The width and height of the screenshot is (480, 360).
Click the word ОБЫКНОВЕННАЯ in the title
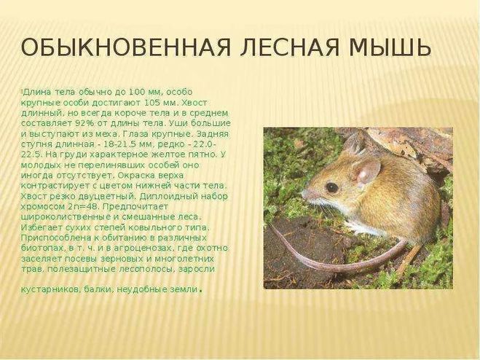[x=125, y=48]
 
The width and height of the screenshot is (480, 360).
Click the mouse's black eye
[x=332, y=187]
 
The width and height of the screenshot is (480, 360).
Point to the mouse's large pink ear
[x=366, y=172]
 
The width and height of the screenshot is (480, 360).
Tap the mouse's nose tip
[x=304, y=195]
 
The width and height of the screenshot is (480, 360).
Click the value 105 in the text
[x=152, y=102]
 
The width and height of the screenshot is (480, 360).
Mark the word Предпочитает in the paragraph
[x=135, y=207]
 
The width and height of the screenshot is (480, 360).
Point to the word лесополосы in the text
[x=148, y=269]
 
